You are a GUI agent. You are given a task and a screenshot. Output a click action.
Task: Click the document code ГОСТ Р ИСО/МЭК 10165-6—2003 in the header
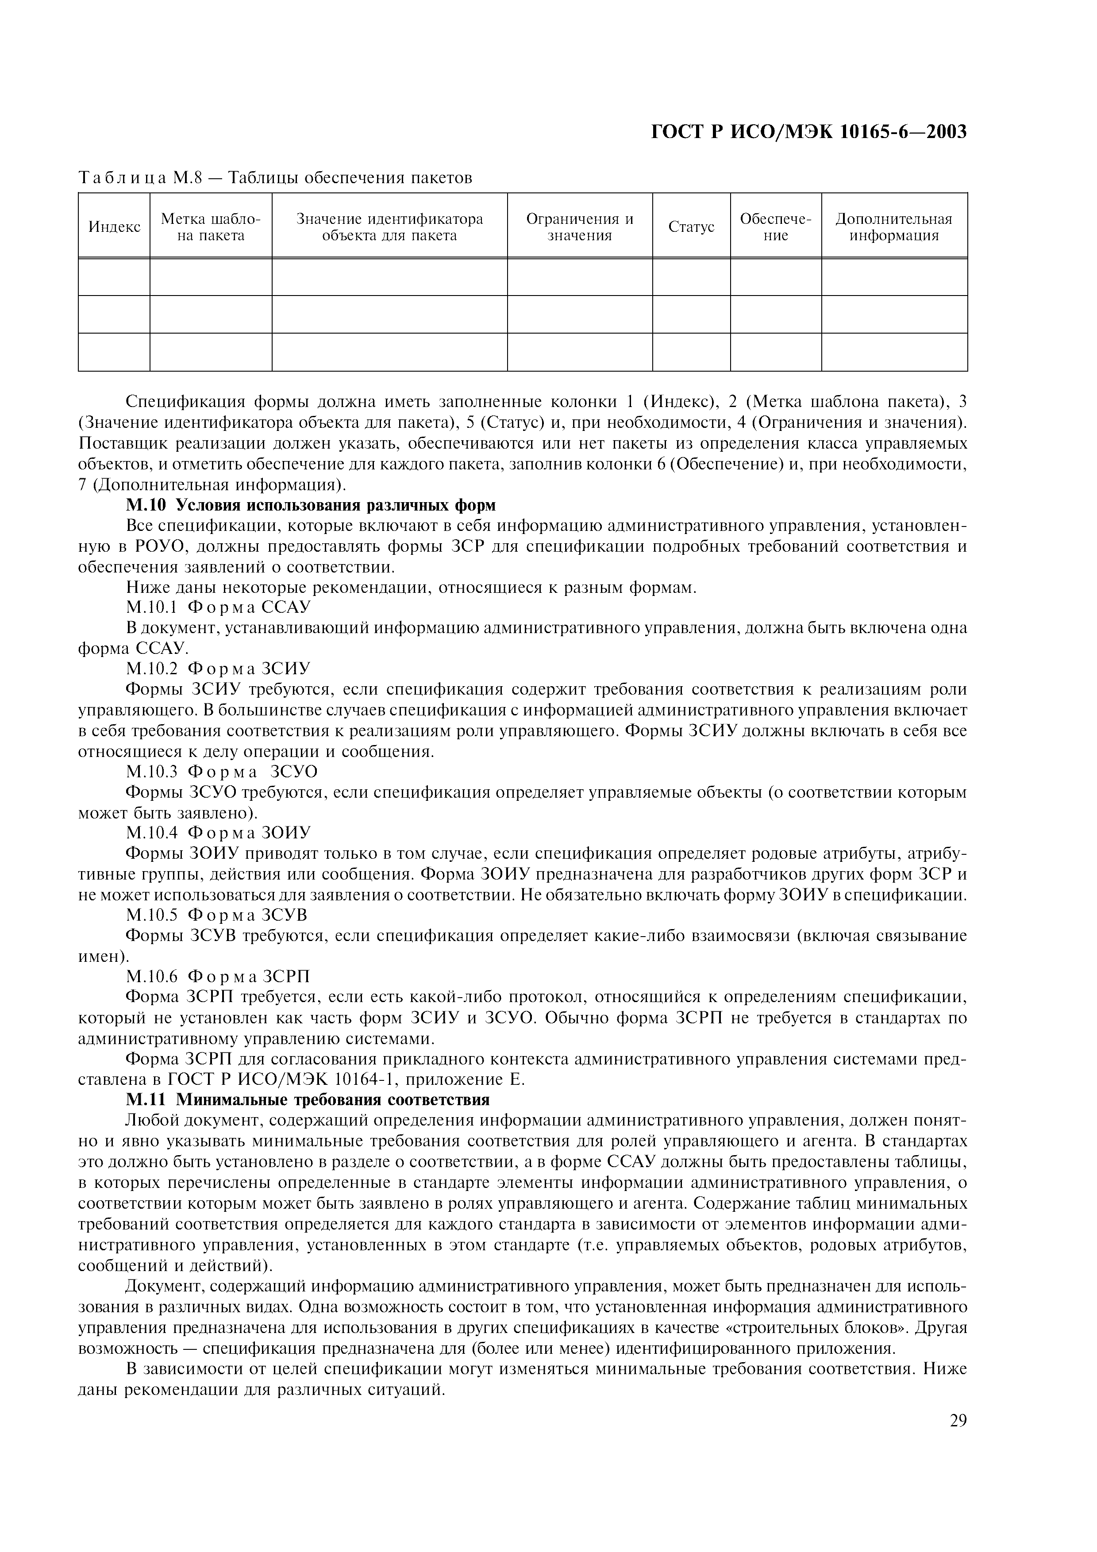[808, 132]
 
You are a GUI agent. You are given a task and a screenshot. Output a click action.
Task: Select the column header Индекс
[114, 227]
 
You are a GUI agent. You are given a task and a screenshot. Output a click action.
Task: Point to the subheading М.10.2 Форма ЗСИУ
[218, 668]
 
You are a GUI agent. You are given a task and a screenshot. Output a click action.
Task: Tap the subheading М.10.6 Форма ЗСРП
[218, 977]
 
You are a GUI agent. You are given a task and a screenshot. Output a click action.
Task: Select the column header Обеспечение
[775, 227]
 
